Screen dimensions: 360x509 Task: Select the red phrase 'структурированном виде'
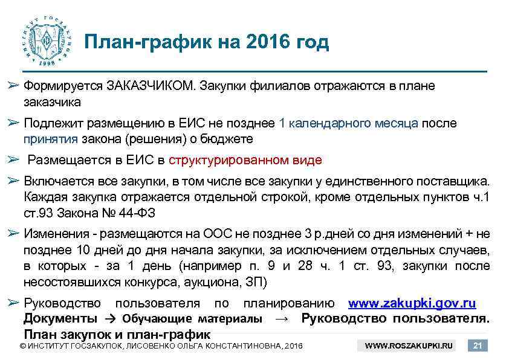245,160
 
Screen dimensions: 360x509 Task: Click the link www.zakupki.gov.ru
412,303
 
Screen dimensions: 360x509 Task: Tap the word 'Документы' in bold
60,318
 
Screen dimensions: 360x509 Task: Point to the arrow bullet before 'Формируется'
14,86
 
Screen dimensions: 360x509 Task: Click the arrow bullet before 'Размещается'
14,160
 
